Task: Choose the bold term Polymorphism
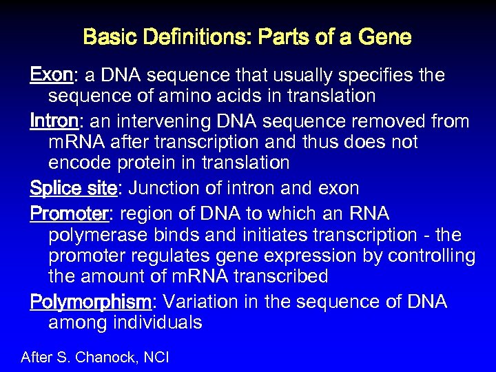[x=90, y=302]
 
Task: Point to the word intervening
[x=166, y=122]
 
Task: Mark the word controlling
[x=431, y=256]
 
